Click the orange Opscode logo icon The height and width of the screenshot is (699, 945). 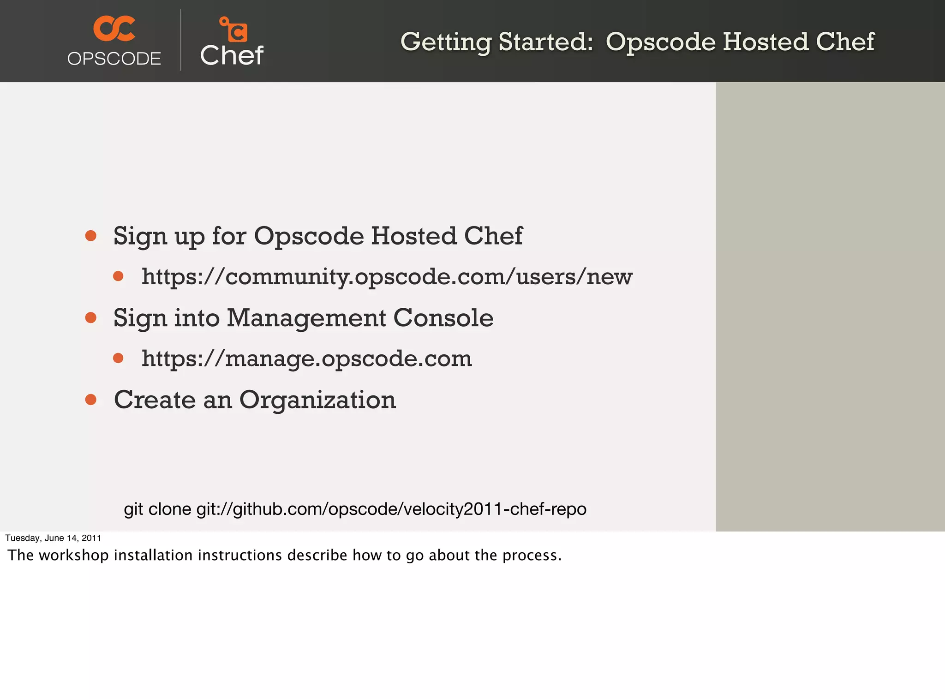click(x=114, y=28)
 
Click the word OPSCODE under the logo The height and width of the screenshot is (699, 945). click(x=114, y=59)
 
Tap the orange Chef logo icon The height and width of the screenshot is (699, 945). click(x=233, y=30)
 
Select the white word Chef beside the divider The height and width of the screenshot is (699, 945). click(x=232, y=56)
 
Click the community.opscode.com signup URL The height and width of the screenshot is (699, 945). click(x=387, y=277)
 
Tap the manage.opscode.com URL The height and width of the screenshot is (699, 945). click(x=306, y=358)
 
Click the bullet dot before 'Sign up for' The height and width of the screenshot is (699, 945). click(x=91, y=236)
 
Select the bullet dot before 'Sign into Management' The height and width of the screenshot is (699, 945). click(x=91, y=317)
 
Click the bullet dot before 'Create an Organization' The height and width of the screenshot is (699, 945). click(x=91, y=399)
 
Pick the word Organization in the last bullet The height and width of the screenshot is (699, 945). click(x=317, y=400)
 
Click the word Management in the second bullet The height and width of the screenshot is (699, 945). click(x=306, y=318)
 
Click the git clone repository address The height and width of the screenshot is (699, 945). click(x=391, y=509)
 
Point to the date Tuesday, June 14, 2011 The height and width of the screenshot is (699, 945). click(x=53, y=538)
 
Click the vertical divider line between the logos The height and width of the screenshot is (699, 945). click(x=181, y=40)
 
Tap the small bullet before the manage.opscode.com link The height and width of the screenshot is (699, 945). click(x=118, y=358)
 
